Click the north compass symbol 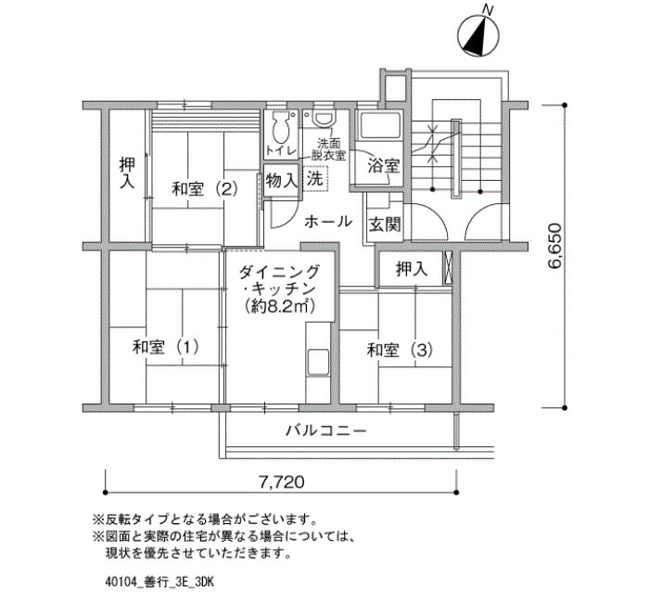coord(478,35)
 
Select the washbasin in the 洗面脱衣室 coord(324,119)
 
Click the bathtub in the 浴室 coord(380,125)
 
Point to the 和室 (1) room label coord(166,347)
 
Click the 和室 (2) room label coord(205,189)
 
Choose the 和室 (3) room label coord(401,351)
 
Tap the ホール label coord(328,222)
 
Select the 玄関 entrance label coord(385,225)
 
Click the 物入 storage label coord(282,181)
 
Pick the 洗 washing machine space coord(315,178)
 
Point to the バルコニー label coord(326,431)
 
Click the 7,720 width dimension coord(282,481)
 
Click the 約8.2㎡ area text coord(280,306)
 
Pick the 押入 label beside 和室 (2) coord(127,173)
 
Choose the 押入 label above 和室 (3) coord(412,269)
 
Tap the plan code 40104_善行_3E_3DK coord(159,583)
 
